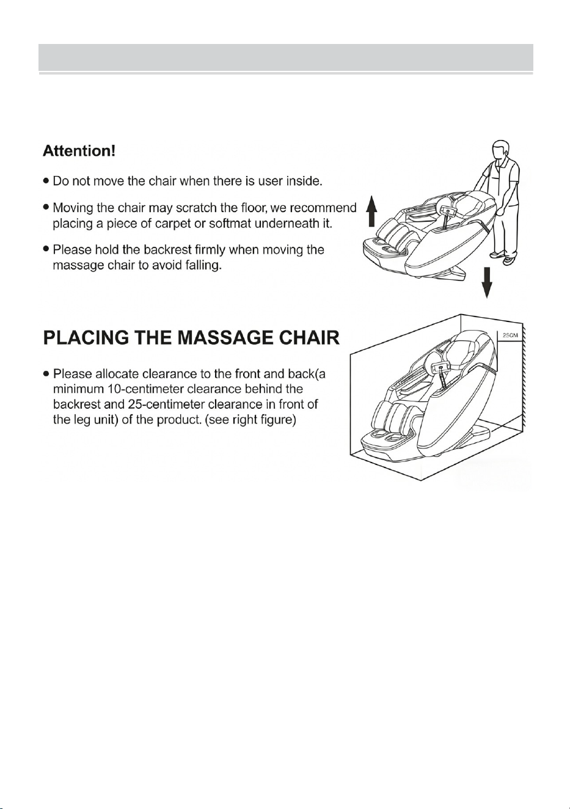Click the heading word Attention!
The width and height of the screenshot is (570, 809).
(79, 151)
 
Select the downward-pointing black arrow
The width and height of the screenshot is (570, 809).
(487, 282)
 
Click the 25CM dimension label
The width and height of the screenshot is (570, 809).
(510, 335)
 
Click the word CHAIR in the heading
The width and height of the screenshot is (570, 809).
(310, 338)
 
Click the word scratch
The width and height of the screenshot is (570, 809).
(197, 208)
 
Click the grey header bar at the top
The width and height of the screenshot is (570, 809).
(286, 57)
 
